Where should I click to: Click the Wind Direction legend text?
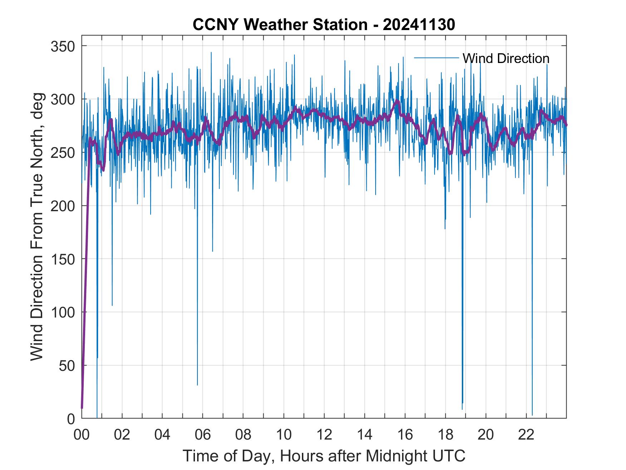coord(506,58)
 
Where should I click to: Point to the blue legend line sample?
coord(436,58)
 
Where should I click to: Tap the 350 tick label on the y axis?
coord(63,46)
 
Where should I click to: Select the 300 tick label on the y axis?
coord(63,99)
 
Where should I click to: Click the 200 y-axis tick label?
coord(63,206)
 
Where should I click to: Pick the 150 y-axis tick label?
coord(63,259)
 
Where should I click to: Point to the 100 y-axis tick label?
coord(63,312)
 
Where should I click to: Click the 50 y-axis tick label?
coord(67,365)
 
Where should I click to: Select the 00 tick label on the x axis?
coord(82,435)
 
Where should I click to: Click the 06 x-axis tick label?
coord(203,435)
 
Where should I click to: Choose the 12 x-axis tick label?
coord(324,435)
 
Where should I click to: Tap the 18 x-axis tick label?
coord(445,435)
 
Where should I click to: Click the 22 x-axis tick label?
coord(526,435)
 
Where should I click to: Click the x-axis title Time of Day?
coord(324,456)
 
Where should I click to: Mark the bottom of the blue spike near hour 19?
coord(462,409)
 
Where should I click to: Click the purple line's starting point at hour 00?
coord(82,408)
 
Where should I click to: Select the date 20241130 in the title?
coord(419,25)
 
